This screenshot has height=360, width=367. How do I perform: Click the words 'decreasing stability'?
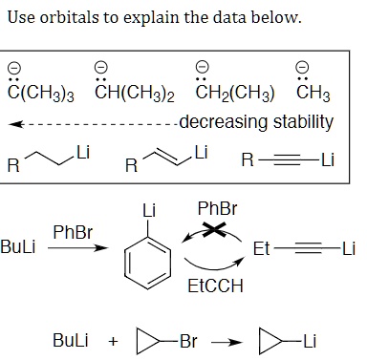pos(256,121)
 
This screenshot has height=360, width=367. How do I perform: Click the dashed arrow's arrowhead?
pos(13,123)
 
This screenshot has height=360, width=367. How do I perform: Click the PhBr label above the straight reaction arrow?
pos(72,231)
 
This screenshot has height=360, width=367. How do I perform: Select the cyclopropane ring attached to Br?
pos(143,341)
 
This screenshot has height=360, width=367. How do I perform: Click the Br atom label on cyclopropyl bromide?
pos(182,341)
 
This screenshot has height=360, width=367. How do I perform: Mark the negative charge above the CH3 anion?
pos(302,66)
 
